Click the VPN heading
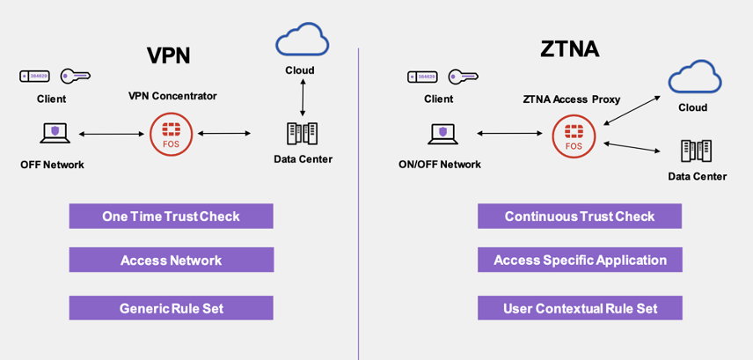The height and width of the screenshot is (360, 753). coord(168,55)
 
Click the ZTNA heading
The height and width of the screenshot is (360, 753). coord(570,48)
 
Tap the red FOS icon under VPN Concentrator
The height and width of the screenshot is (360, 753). coord(171,134)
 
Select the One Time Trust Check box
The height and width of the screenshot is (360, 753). coord(171,217)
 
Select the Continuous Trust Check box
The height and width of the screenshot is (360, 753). coord(580,217)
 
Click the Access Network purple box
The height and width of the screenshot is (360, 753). coord(171,261)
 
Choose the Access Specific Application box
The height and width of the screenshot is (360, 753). coord(580,261)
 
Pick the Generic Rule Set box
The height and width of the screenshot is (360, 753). coord(171,308)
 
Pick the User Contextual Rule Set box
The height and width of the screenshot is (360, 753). coord(580,308)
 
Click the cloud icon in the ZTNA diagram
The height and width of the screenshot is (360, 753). coord(694,78)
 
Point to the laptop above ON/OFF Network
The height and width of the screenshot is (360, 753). coord(442,134)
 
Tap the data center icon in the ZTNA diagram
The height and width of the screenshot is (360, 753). coord(696,151)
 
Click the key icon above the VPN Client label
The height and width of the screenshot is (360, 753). coord(75,77)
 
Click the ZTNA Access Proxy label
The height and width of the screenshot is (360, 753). coord(573,99)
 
